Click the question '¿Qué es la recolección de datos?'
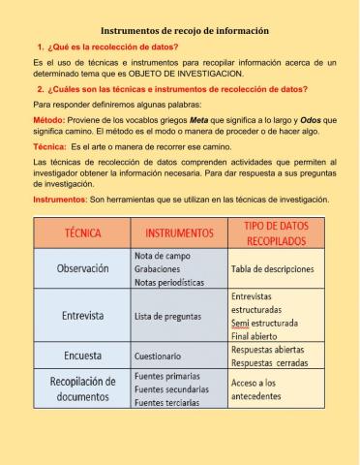coord(112,47)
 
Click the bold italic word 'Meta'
coord(199,116)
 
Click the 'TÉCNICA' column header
coord(82,233)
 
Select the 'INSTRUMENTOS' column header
coord(178,233)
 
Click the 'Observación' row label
coord(82,267)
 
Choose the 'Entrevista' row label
coord(82,315)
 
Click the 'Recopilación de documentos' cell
coord(82,388)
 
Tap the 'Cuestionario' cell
coord(156,355)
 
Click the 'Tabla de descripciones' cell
coord(275,268)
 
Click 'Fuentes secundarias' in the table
coord(170,388)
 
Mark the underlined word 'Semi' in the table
coord(241,322)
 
